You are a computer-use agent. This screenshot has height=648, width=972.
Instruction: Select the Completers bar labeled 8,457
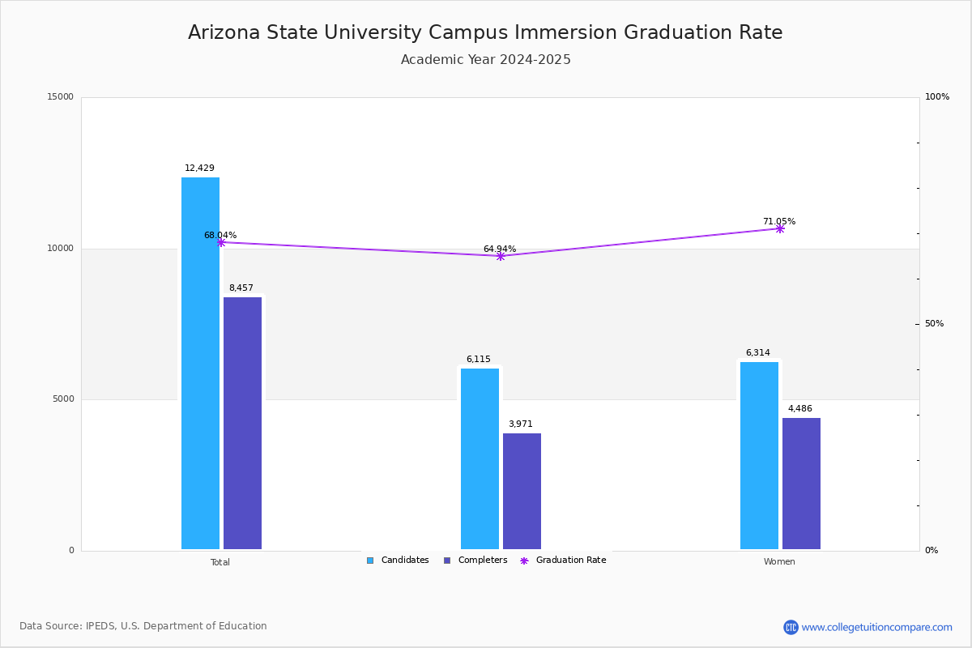tap(242, 423)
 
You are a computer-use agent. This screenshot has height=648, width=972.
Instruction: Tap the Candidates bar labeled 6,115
tap(480, 458)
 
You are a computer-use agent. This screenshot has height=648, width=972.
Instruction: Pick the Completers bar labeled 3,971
tap(522, 491)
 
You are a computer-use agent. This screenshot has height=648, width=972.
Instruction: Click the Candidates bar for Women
tap(759, 455)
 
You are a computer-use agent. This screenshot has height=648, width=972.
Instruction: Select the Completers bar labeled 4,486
tap(801, 484)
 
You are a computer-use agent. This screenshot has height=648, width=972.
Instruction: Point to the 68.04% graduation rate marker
tap(221, 242)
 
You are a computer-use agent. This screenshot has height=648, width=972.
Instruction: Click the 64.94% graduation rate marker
tap(501, 256)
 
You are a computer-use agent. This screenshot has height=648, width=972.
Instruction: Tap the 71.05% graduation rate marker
tap(780, 228)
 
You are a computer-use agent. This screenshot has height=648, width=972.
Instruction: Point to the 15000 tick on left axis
tap(61, 97)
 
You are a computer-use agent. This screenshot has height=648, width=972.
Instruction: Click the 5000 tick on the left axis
tap(63, 399)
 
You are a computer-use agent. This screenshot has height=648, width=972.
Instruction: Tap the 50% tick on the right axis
tap(934, 324)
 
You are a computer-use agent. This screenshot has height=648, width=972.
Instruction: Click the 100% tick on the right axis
tap(936, 97)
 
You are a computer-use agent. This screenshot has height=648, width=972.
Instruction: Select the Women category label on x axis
tap(779, 562)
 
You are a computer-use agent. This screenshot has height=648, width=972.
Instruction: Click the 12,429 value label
tap(199, 168)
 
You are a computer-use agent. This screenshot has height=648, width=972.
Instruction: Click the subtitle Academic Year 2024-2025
tap(486, 60)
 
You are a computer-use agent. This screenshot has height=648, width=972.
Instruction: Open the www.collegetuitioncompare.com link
tap(876, 627)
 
